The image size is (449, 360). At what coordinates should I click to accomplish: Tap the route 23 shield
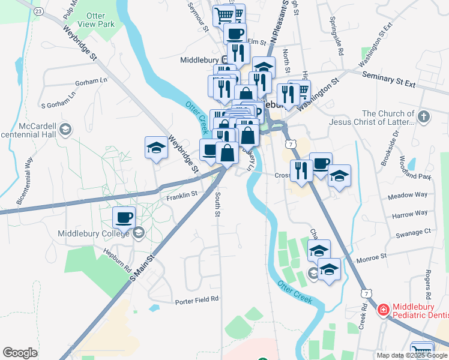click(38, 11)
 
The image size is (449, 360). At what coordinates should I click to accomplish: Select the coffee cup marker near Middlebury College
click(124, 217)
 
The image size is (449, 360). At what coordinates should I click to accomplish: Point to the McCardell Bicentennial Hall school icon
click(65, 128)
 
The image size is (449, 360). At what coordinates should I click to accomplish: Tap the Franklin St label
click(182, 194)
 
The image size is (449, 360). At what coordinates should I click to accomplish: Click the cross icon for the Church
click(424, 116)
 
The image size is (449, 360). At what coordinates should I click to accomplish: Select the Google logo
click(20, 352)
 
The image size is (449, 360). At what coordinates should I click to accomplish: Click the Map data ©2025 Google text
click(411, 355)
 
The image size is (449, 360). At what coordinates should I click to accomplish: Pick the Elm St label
click(256, 42)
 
